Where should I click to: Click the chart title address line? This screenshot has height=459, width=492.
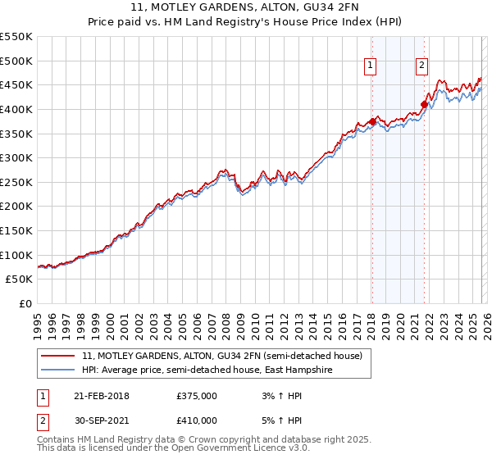246,7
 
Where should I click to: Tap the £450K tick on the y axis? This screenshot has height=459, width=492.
16,85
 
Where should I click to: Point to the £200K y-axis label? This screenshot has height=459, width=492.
16,207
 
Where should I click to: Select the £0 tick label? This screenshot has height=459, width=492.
25,304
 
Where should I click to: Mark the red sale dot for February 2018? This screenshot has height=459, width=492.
372,122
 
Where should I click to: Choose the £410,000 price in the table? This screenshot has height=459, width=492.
197,420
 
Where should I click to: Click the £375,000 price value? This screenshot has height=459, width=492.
197,396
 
